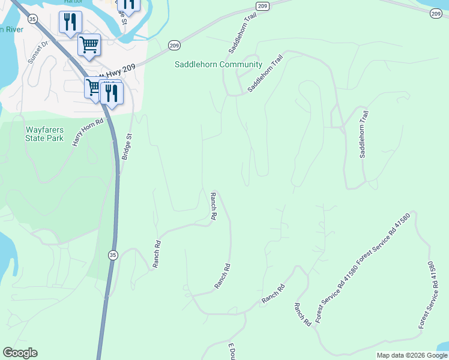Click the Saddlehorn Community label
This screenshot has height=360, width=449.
point(218,65)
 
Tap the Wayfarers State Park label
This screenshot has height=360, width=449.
point(44,134)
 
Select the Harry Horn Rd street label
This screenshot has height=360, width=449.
point(88,131)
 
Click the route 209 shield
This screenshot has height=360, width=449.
point(173,45)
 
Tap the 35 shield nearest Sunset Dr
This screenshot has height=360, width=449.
point(33,19)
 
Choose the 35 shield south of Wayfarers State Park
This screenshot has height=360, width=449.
point(112,256)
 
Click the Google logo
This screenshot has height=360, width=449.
point(20,353)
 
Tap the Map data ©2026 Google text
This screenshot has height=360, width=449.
point(412,355)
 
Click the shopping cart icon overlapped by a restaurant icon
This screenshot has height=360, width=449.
point(94,88)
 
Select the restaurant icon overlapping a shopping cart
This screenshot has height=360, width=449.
point(111,92)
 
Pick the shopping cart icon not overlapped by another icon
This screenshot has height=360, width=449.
point(89,44)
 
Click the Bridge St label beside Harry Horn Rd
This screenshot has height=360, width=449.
point(128,145)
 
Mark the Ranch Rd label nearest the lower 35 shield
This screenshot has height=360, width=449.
point(158,254)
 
